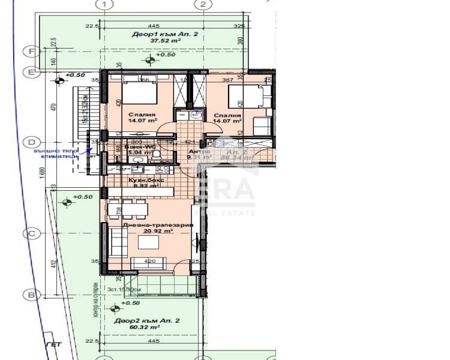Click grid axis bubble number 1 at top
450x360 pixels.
[106, 5]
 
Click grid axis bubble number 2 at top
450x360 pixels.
[205, 5]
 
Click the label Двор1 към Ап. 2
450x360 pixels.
[157, 35]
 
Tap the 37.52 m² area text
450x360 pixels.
[157, 41]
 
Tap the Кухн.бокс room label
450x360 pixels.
[142, 179]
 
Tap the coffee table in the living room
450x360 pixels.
[148, 242]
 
